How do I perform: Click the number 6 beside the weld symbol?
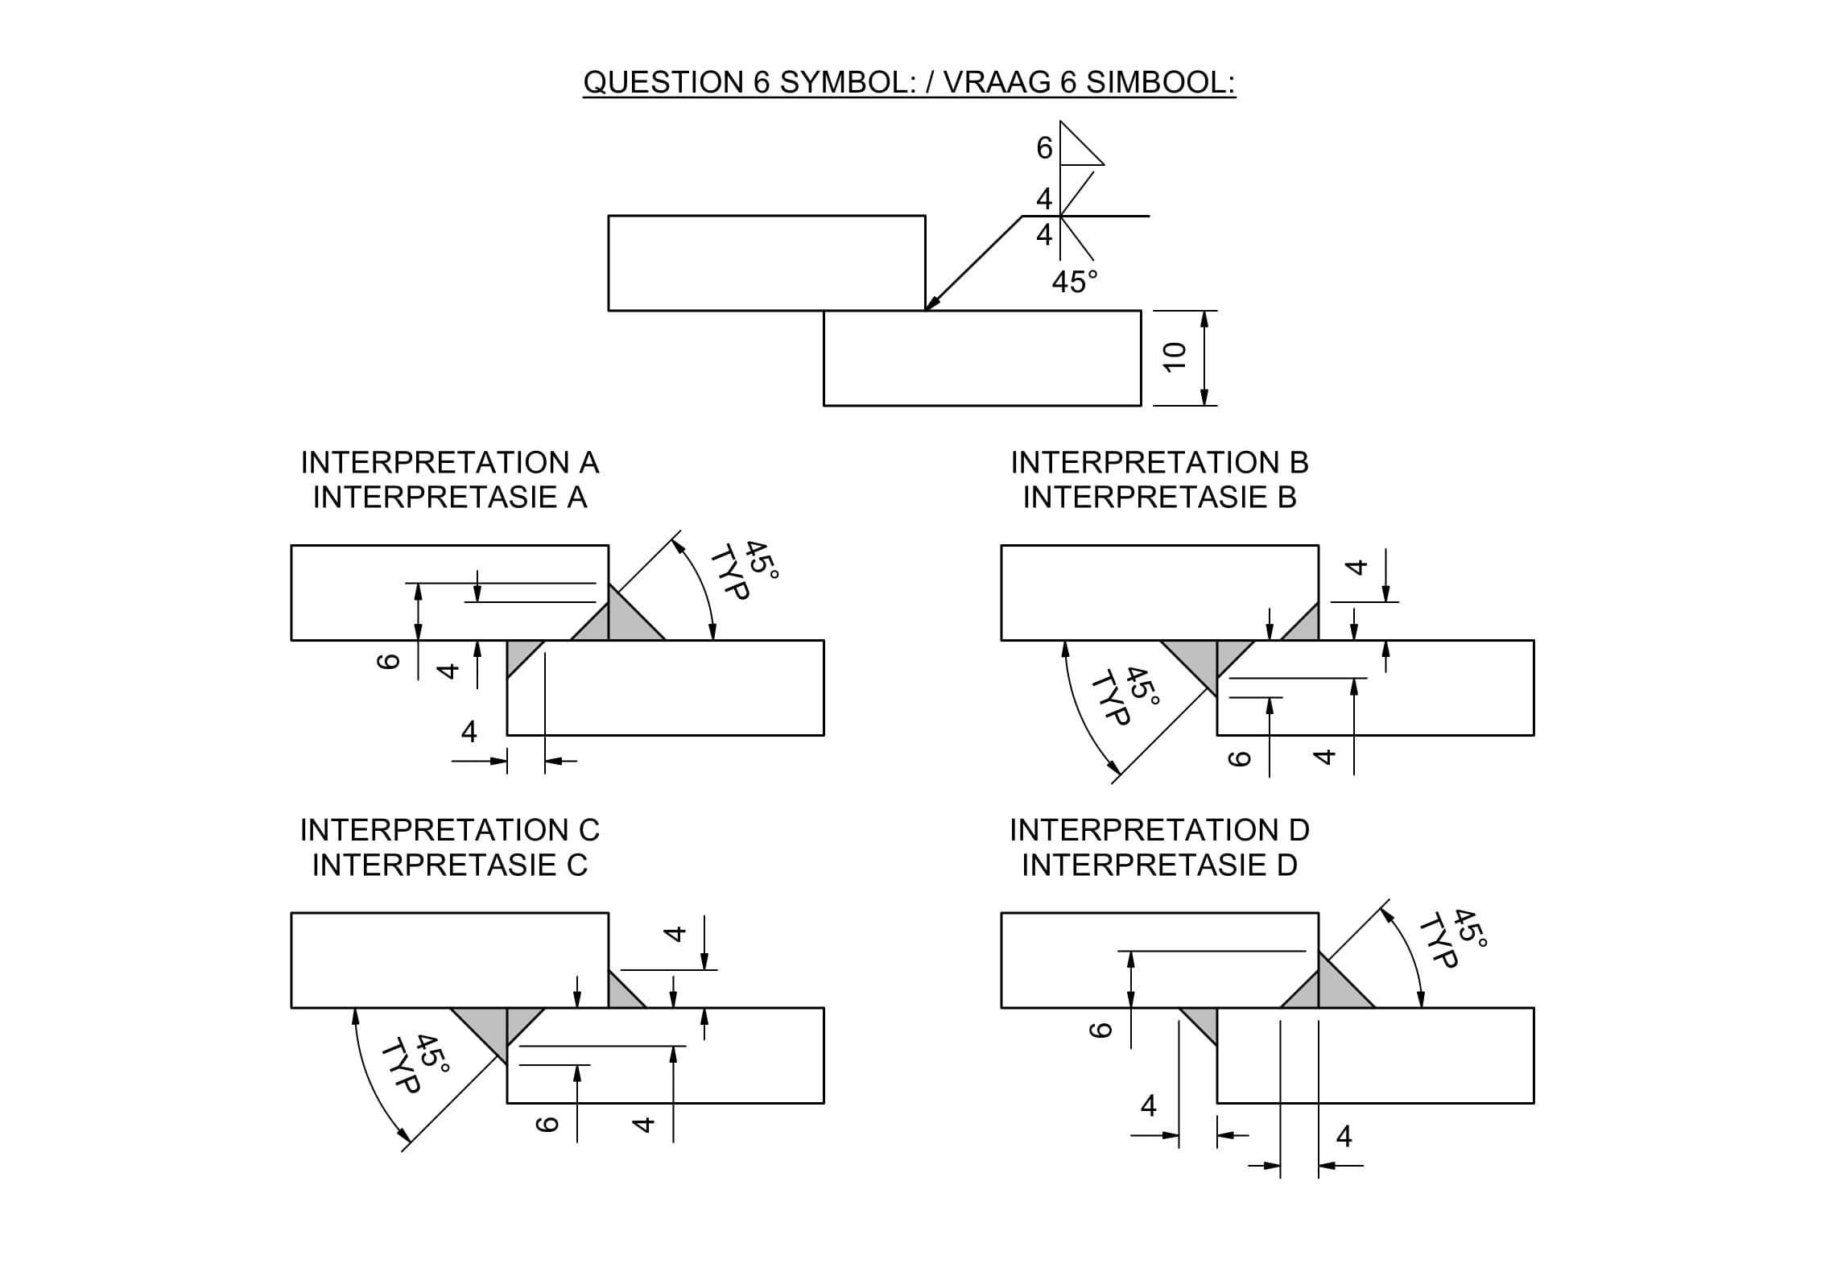click(1044, 148)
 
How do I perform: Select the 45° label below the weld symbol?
click(1074, 282)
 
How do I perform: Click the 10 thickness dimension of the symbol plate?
click(1175, 357)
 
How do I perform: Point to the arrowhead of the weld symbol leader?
click(931, 305)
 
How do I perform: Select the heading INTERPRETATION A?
click(450, 463)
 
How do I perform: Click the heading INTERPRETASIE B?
click(1160, 498)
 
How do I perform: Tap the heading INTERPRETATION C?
click(450, 830)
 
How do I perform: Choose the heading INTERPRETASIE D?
click(1160, 865)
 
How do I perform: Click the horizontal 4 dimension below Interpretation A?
click(469, 731)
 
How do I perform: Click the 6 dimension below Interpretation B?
click(1240, 758)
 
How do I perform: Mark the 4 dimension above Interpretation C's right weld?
click(675, 934)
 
